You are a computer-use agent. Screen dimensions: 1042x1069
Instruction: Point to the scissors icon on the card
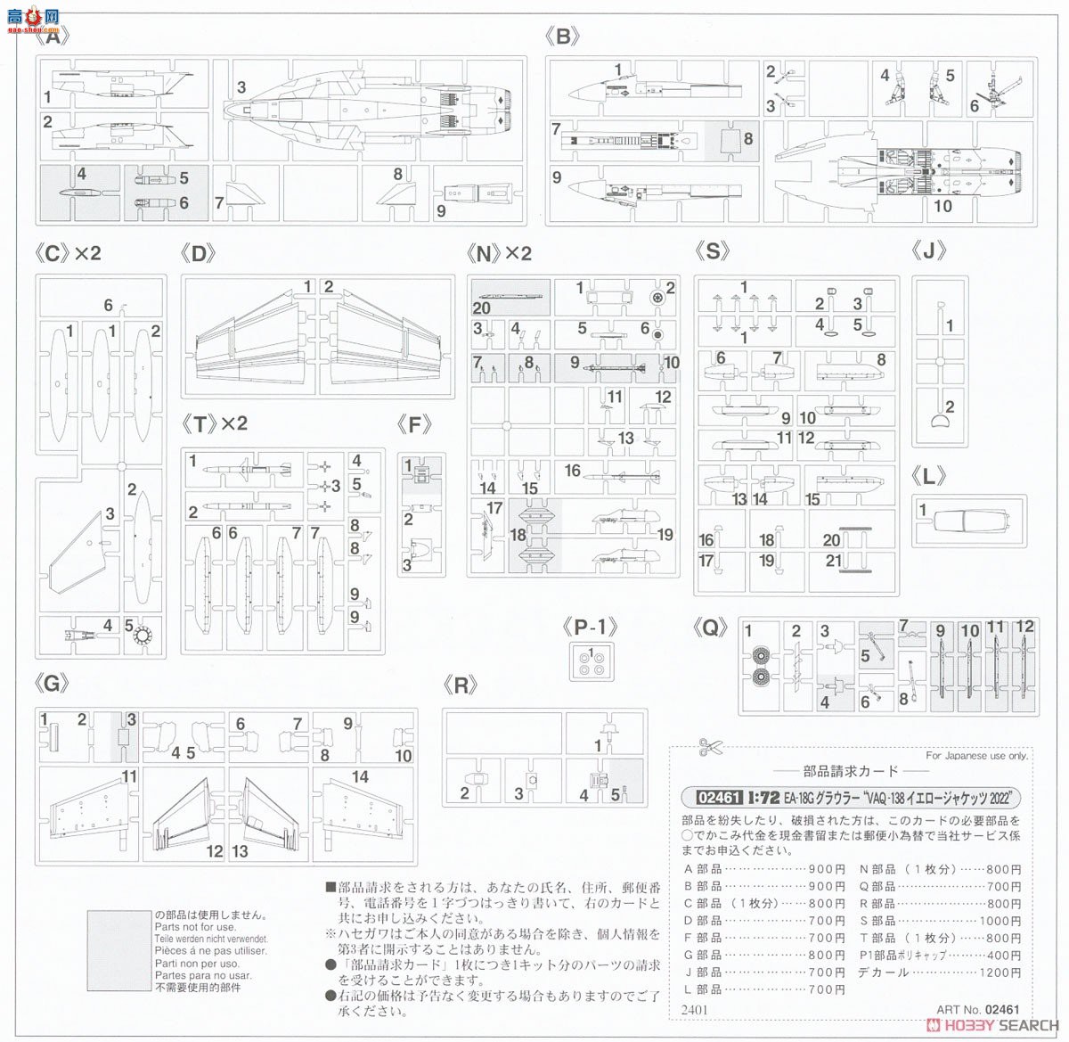711,746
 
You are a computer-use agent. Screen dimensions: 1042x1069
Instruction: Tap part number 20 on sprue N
482,308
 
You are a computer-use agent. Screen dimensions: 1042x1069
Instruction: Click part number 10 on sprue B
943,206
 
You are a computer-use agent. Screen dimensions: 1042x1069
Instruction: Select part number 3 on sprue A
241,87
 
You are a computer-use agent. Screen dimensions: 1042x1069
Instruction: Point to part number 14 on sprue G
359,776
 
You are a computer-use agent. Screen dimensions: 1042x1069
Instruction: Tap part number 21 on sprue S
832,560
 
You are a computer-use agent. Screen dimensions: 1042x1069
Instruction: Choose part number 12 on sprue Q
1024,627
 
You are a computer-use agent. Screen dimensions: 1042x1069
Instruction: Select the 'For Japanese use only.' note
976,756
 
